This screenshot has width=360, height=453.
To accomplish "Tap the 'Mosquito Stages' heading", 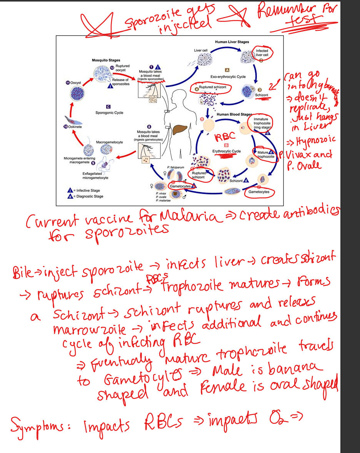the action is tap(106, 60).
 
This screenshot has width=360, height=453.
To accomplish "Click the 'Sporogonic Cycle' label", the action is tap(109, 113).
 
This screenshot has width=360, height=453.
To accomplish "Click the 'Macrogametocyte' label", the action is tap(110, 142).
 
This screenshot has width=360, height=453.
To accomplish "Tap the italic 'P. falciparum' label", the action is tap(175, 168).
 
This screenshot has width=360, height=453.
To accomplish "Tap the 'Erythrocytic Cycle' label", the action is tap(227, 151).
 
